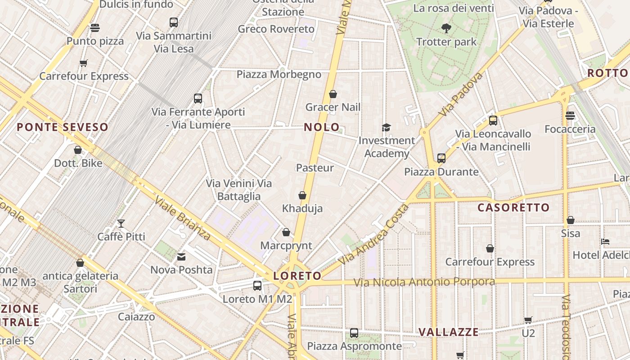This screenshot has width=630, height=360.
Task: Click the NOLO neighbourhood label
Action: (321, 127)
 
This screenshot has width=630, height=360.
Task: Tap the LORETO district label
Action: (297, 276)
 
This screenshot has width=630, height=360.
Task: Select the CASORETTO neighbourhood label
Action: (513, 207)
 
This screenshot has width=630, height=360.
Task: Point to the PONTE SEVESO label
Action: (63, 127)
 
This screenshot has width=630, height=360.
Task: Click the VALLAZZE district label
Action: (449, 332)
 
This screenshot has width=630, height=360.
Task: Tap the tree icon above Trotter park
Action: (446, 29)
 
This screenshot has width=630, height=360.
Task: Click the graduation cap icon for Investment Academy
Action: (386, 128)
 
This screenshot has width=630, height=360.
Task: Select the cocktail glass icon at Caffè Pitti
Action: (121, 223)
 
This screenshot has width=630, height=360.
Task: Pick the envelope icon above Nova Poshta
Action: (181, 257)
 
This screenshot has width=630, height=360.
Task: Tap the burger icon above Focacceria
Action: (570, 116)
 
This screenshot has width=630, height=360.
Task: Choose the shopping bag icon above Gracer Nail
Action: (333, 94)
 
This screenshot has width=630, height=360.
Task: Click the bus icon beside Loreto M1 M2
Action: (257, 285)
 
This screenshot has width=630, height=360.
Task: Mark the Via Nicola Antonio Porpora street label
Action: (424, 282)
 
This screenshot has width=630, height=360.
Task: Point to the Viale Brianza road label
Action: (182, 218)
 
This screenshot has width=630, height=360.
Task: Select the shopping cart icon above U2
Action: (528, 320)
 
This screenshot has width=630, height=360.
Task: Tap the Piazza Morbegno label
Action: (279, 74)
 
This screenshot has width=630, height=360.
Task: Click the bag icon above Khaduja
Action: (302, 195)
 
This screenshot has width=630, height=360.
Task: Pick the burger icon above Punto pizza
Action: (95, 28)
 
